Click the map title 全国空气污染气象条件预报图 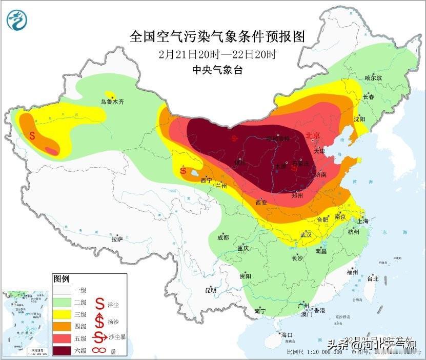(217, 36)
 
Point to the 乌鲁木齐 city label (112, 102)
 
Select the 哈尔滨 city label (373, 78)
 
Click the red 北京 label (312, 135)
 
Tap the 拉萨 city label (117, 238)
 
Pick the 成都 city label (222, 237)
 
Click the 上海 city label (363, 221)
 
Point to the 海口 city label (287, 334)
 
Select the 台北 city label (372, 279)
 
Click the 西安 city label (261, 203)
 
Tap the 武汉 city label (306, 235)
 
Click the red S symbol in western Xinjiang (32, 136)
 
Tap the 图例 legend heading (61, 278)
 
